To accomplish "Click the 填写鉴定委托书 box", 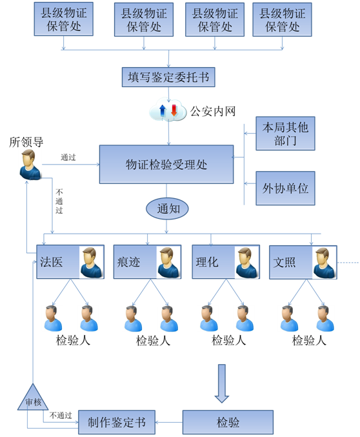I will [168, 77].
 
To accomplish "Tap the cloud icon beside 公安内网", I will [167, 111].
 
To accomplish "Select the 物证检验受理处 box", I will [166, 164].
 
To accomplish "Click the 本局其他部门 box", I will [285, 134].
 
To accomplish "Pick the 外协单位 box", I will [285, 188].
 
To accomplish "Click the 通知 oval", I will [167, 208].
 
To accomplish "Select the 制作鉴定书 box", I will [117, 422].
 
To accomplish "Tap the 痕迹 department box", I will [147, 262].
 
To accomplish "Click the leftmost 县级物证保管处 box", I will [65, 19].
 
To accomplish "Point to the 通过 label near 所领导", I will [69, 157].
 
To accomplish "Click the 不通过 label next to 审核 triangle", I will [61, 415].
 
